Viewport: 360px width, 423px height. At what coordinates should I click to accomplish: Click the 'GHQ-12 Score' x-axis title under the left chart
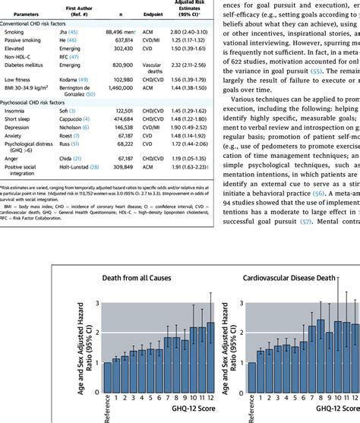[x=159, y=416]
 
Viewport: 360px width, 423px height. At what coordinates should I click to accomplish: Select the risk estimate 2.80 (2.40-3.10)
[x=190, y=33]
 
